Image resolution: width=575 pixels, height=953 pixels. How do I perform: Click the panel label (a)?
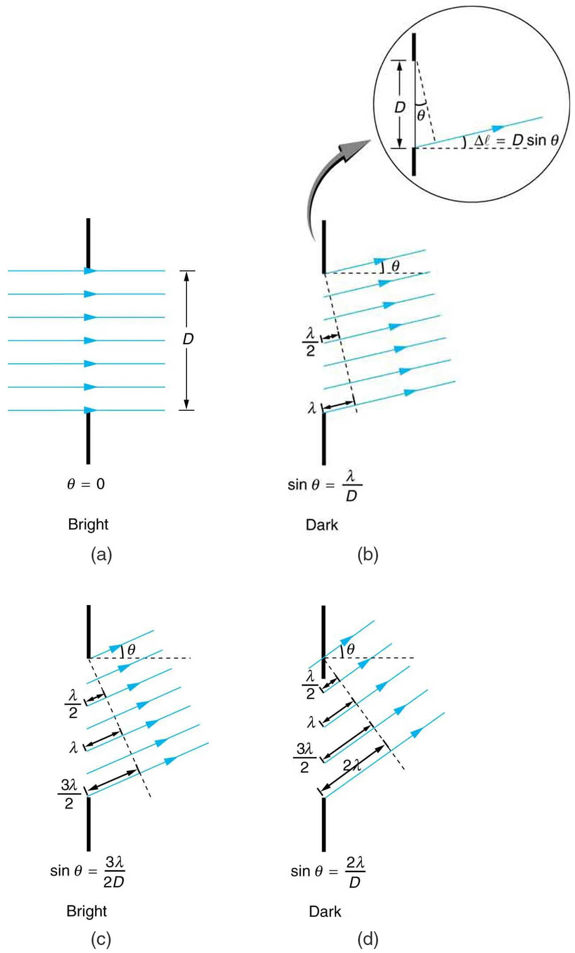click(101, 554)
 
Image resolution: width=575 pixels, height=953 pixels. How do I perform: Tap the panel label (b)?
click(368, 554)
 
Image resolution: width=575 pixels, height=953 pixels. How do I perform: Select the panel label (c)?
click(101, 939)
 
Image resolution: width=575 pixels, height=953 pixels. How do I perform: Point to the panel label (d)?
click(368, 939)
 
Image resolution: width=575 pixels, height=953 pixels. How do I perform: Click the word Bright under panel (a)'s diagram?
click(88, 524)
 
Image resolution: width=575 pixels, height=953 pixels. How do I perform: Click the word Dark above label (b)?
click(322, 525)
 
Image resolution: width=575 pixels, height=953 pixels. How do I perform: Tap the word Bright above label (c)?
click(87, 911)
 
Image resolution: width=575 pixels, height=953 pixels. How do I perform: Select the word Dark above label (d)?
click(325, 911)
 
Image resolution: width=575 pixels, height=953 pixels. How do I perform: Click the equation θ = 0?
click(86, 484)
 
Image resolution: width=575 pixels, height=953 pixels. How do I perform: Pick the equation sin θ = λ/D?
click(324, 486)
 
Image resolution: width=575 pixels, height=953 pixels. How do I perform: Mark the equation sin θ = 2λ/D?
click(328, 872)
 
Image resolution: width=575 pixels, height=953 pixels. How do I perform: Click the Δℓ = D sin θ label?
click(516, 140)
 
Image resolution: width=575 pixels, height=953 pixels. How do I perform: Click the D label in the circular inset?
click(400, 107)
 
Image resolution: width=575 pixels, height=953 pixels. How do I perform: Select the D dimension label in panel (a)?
click(188, 339)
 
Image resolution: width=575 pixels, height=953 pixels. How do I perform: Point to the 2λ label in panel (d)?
click(352, 764)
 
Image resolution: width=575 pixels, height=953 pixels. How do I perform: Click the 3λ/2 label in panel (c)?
click(69, 794)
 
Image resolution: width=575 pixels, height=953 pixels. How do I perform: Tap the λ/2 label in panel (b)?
click(310, 342)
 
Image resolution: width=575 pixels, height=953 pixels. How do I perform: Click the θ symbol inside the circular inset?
click(421, 115)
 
